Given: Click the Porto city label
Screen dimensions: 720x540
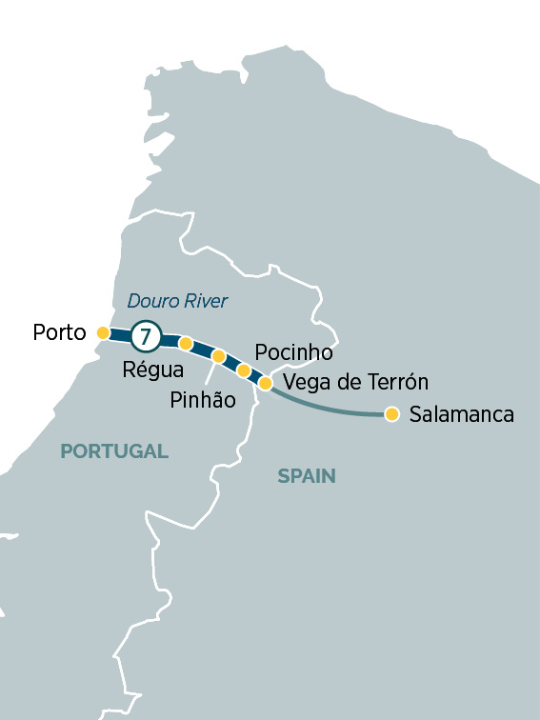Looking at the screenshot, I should pyautogui.click(x=59, y=332).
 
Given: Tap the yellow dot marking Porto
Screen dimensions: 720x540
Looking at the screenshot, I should pyautogui.click(x=103, y=333).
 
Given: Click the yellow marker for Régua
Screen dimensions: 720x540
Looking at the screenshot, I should pyautogui.click(x=186, y=343).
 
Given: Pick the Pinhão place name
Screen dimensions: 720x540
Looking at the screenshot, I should pyautogui.click(x=202, y=400).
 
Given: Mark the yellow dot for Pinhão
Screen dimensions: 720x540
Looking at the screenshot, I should pyautogui.click(x=218, y=356).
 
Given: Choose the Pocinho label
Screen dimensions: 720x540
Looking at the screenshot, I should pyautogui.click(x=294, y=352).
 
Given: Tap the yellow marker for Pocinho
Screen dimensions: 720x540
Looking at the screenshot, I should pyautogui.click(x=244, y=370).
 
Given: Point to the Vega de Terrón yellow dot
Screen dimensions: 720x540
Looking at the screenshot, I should pyautogui.click(x=266, y=383).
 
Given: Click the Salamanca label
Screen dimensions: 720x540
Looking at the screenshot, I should pyautogui.click(x=461, y=414).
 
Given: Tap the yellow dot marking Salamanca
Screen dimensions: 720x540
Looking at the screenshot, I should pyautogui.click(x=391, y=413).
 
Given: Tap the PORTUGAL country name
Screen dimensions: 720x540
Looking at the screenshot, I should pyautogui.click(x=114, y=451).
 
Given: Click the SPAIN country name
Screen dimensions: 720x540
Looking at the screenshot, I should pyautogui.click(x=307, y=476).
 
